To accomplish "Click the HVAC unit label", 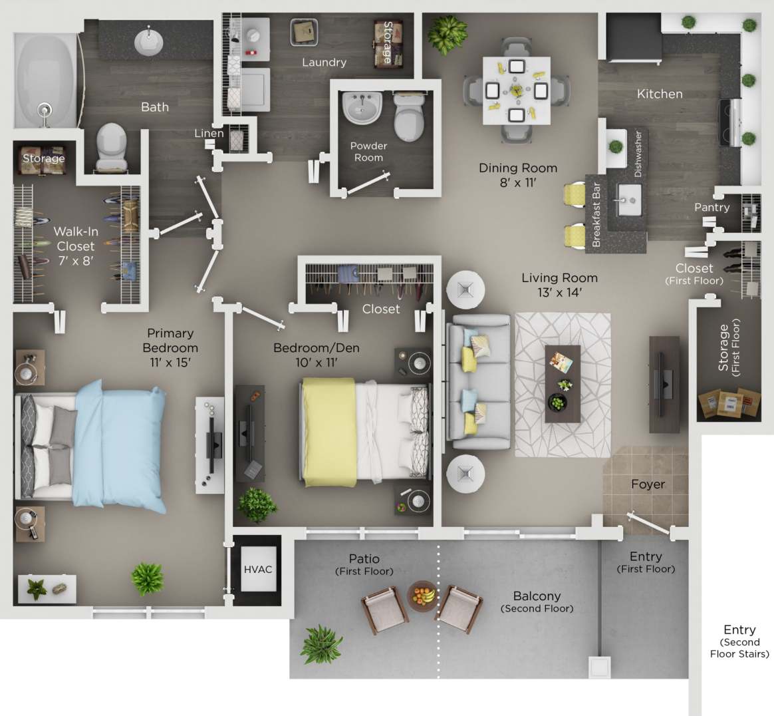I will click(258, 570).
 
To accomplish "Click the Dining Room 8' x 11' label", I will click(518, 175).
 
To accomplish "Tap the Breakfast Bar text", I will click(596, 214).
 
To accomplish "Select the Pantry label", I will click(711, 208).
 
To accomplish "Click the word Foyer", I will click(648, 484).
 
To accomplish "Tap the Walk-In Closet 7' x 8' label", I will click(75, 246).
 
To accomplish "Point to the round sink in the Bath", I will click(148, 41).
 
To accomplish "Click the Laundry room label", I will click(324, 63).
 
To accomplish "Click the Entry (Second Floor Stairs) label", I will click(739, 641).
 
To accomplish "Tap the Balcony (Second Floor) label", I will click(537, 602).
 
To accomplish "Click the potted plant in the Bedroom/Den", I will click(257, 505).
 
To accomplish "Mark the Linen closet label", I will click(209, 133).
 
